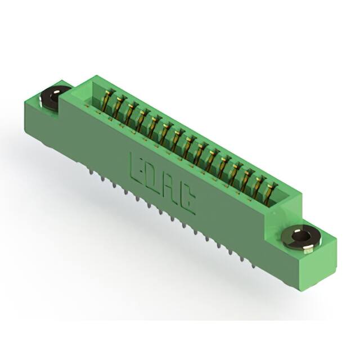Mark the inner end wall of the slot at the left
(x=97, y=93)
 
